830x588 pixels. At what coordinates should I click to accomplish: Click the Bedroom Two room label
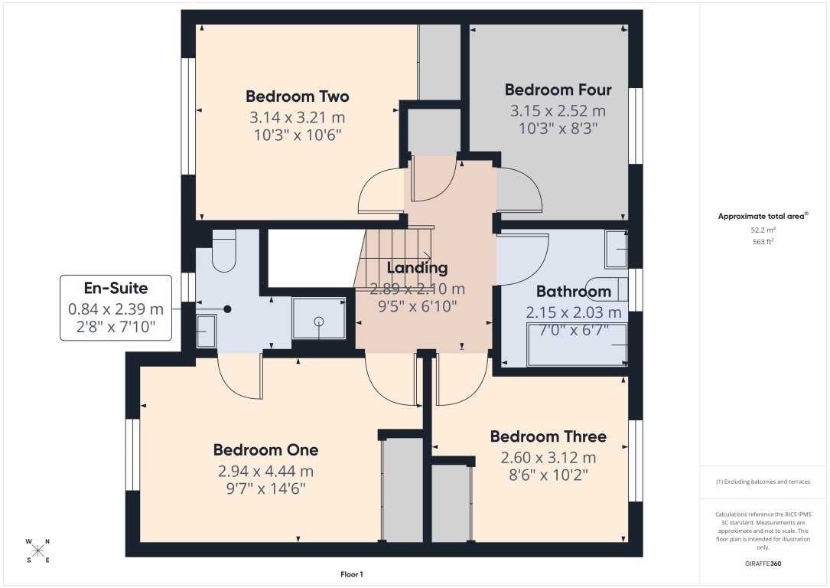(x=297, y=96)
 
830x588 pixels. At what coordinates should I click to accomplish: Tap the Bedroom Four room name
(x=558, y=90)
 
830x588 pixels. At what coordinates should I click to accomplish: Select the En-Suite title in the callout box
(x=116, y=289)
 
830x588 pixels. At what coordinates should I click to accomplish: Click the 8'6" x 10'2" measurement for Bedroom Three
(x=548, y=475)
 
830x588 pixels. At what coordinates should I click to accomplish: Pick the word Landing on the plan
(x=417, y=268)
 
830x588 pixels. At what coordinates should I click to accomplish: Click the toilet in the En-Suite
(x=223, y=251)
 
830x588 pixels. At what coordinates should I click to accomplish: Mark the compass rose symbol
(x=38, y=550)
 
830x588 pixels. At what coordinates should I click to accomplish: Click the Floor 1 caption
(x=352, y=574)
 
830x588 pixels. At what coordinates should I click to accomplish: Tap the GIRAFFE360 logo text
(x=763, y=563)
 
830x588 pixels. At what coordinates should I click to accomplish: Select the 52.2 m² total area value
(x=763, y=230)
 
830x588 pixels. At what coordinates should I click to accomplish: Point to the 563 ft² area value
(x=763, y=241)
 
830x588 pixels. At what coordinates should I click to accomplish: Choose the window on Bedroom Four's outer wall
(x=635, y=126)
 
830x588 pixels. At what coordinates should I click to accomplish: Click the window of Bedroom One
(x=133, y=454)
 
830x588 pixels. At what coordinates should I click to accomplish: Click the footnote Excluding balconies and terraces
(x=763, y=482)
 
